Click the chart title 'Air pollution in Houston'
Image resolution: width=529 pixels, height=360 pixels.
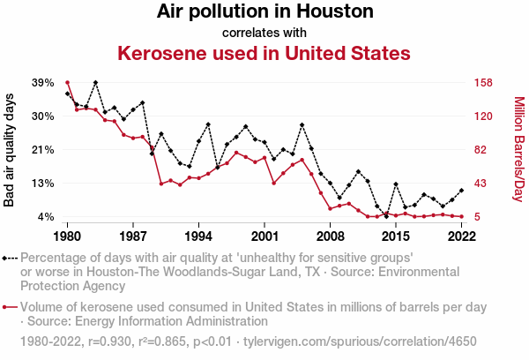coord(264,12)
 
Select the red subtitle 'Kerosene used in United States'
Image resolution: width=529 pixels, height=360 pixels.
coord(264,53)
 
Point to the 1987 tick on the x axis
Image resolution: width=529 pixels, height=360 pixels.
coord(133,236)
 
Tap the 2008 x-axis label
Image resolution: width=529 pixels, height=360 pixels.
coord(330,236)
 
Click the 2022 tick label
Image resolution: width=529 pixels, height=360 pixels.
coord(461,236)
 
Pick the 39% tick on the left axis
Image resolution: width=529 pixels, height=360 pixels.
coord(42,83)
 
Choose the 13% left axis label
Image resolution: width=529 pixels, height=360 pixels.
coord(42,184)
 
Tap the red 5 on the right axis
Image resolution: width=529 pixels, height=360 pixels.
coord(476,217)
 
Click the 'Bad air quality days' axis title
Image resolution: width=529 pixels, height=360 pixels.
coord(10,150)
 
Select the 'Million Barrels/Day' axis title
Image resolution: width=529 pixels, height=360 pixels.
coord(518,150)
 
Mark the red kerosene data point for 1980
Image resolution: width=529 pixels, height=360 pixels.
coord(68,82)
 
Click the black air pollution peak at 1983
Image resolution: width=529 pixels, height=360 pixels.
coord(95,83)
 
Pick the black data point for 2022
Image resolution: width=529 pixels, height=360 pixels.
coord(461,190)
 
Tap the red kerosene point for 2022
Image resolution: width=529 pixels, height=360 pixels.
coord(461,216)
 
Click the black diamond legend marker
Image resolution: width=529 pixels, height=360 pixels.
coord(7,259)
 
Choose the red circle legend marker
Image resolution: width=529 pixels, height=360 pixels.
coord(7,308)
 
